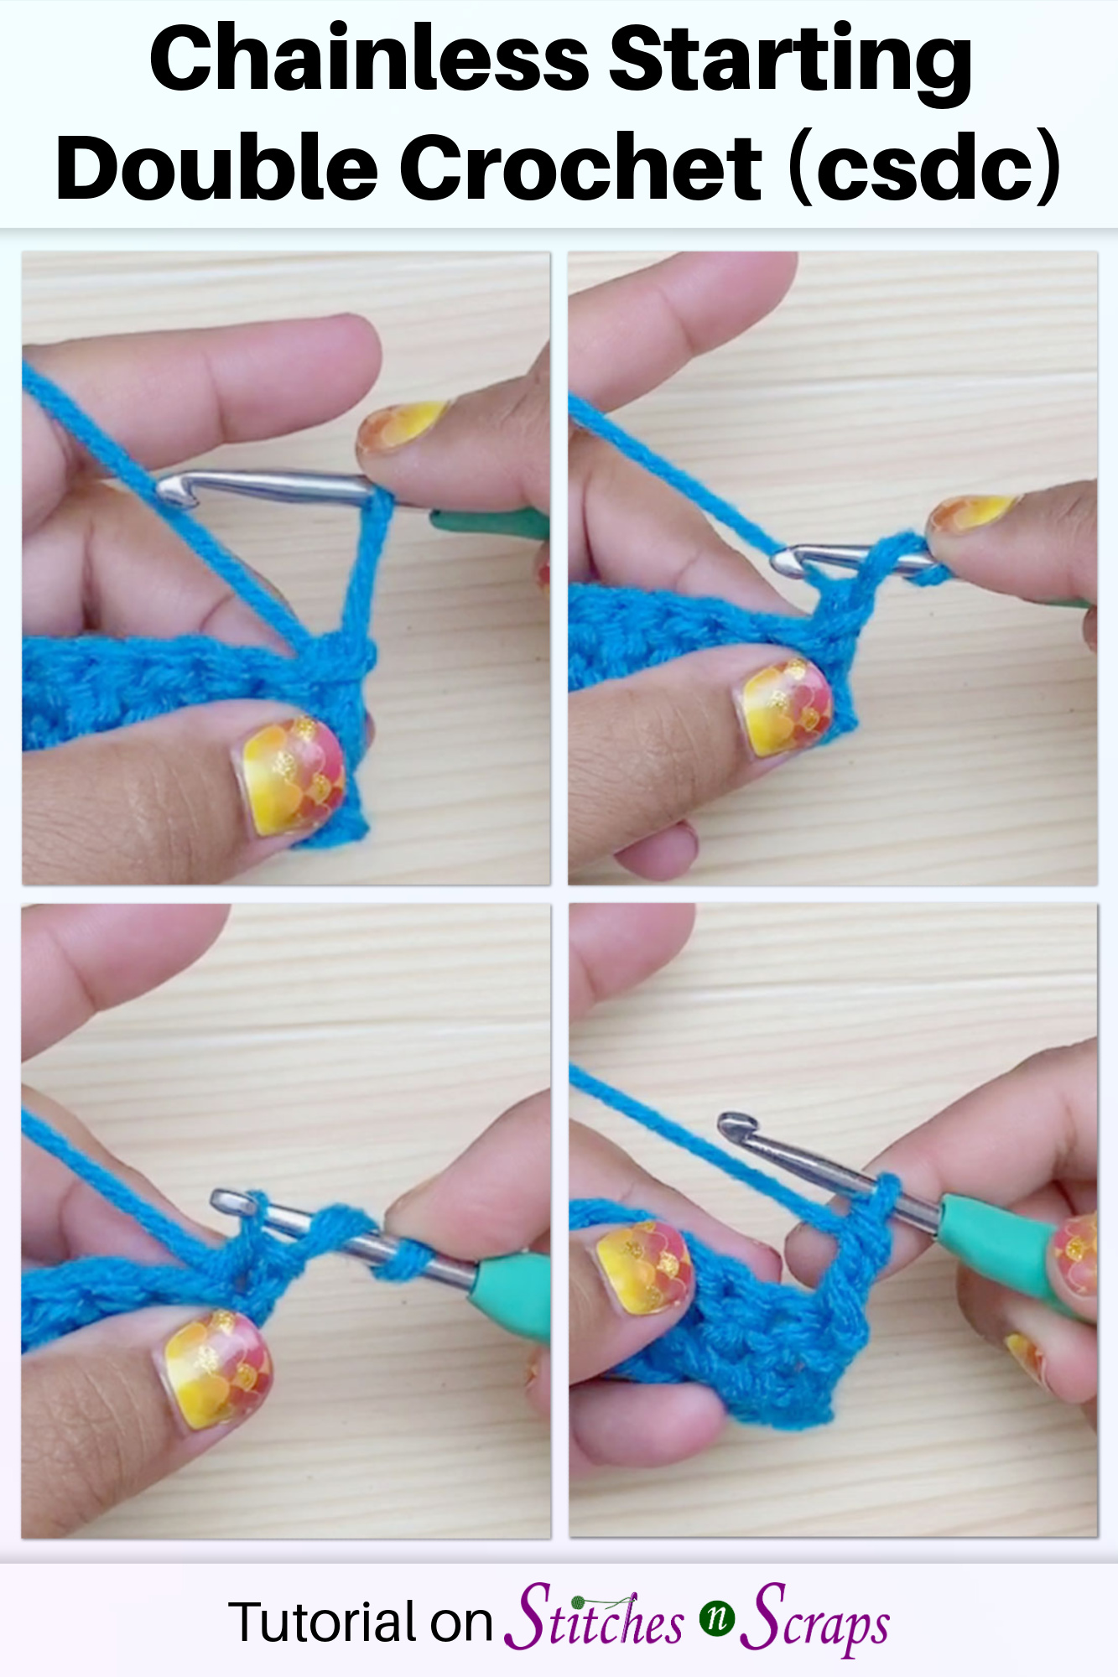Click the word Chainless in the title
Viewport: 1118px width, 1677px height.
(x=369, y=60)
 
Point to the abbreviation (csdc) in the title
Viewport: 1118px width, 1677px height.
(x=926, y=168)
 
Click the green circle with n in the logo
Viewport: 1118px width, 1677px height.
(x=717, y=1617)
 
